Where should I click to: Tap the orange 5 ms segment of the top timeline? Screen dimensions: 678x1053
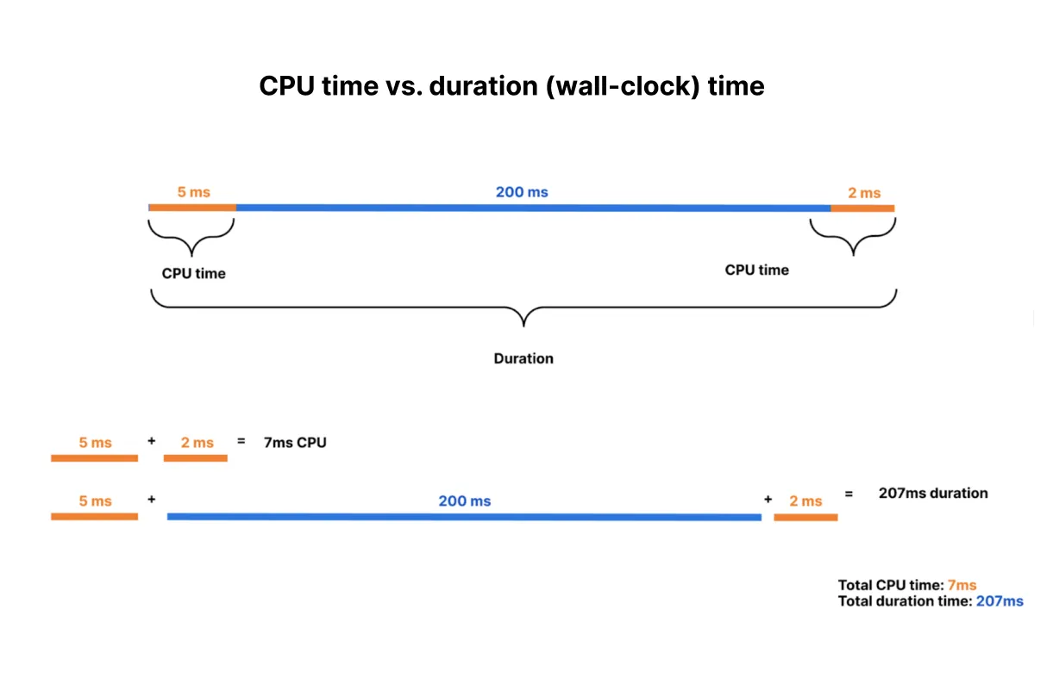[192, 208]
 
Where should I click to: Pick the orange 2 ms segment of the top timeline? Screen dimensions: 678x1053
[862, 208]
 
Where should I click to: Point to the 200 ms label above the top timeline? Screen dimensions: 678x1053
[521, 191]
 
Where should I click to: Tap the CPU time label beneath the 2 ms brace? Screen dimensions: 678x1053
[756, 270]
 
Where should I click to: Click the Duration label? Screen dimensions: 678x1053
[523, 358]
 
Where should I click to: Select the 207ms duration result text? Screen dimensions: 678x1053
[932, 494]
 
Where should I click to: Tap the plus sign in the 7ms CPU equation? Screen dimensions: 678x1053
[152, 440]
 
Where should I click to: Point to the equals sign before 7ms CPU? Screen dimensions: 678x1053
[241, 440]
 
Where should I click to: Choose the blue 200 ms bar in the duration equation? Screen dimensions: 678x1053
[464, 517]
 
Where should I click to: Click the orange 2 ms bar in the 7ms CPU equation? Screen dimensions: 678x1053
[195, 458]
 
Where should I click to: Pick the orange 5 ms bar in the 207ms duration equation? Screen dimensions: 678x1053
[94, 517]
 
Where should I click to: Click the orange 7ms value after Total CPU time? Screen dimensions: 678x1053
[961, 585]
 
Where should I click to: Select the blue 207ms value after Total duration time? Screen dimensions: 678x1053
[999, 601]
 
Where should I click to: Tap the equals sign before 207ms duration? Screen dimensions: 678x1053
[849, 495]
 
